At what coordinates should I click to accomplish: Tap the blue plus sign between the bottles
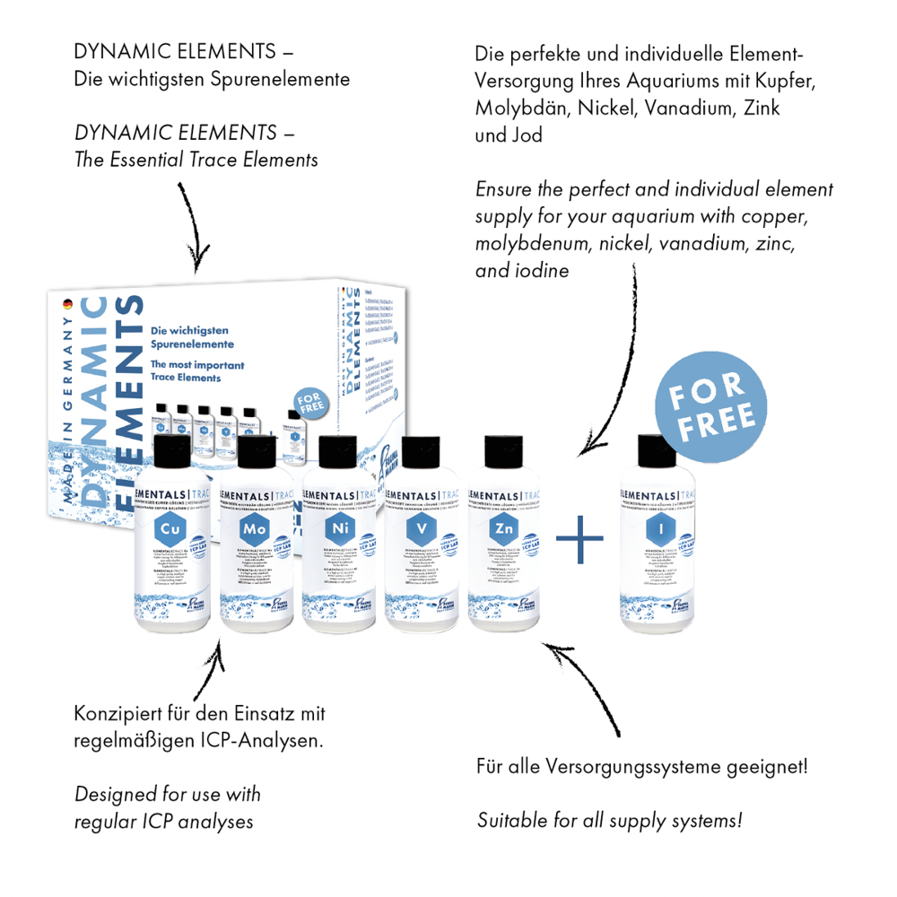tap(580, 538)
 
